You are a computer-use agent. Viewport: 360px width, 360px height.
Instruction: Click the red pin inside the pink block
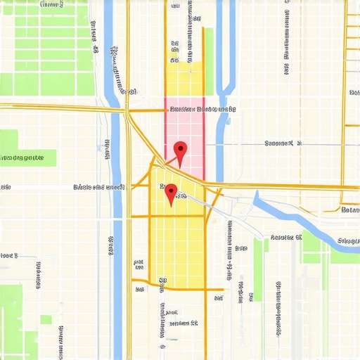click(x=181, y=148)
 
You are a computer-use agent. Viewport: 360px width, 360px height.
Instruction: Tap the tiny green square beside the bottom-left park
click(x=46, y=319)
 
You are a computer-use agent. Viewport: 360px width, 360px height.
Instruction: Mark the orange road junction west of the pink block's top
click(x=127, y=110)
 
